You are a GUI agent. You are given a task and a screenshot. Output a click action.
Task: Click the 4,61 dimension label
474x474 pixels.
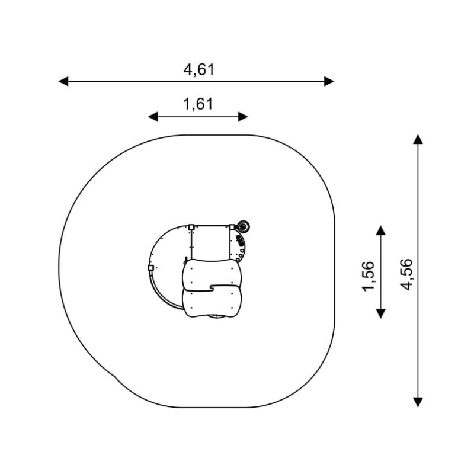[199, 70]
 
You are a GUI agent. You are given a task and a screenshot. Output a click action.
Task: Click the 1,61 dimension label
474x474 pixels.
[198, 104]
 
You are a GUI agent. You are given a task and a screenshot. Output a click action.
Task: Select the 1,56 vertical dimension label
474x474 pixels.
[368, 276]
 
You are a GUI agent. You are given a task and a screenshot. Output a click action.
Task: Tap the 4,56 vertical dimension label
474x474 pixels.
[406, 274]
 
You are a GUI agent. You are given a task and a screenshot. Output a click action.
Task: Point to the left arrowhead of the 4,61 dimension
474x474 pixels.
[63, 81]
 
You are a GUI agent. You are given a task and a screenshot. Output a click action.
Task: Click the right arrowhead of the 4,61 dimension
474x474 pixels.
[329, 81]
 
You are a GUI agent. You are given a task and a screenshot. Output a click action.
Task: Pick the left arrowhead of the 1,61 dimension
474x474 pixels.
[153, 117]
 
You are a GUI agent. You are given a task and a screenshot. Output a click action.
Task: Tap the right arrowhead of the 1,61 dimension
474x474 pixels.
[243, 117]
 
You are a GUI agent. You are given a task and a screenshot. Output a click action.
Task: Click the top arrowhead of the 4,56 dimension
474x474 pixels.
[418, 139]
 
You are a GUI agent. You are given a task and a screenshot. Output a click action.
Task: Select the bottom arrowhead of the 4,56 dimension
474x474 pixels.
[418, 403]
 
